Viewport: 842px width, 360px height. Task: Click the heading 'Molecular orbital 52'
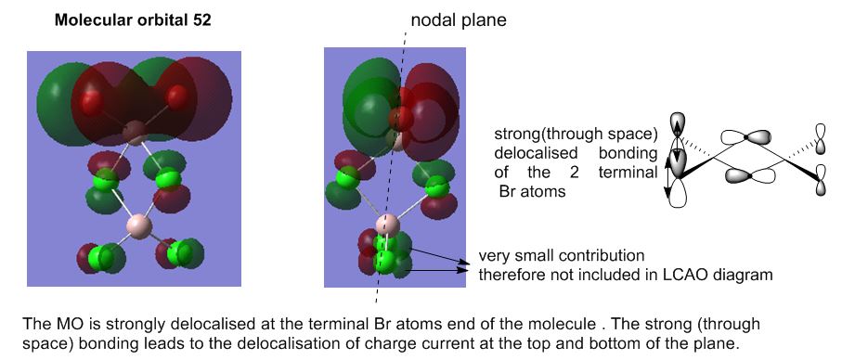pos(133,21)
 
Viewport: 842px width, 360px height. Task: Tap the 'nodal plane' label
pos(459,20)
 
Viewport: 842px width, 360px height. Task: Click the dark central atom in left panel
pos(136,132)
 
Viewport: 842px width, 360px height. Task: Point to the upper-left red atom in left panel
pos(91,101)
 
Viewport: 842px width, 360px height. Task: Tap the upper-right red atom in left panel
pos(176,96)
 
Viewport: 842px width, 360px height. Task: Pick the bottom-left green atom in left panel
pos(99,257)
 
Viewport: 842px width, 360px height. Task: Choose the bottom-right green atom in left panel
pos(179,254)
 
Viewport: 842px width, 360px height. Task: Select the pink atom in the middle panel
pos(387,225)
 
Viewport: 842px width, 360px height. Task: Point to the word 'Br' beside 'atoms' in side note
pos(507,191)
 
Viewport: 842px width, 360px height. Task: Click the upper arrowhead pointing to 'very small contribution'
pos(463,262)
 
